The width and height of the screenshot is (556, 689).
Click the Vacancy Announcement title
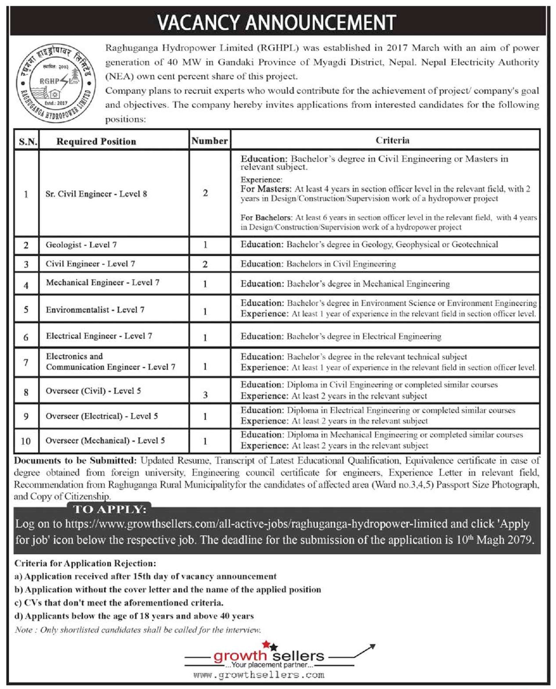276,22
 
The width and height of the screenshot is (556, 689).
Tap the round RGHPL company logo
56,83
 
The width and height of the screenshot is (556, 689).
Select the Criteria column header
392,140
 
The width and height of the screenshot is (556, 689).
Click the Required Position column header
96,141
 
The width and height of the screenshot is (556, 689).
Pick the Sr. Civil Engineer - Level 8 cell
96,194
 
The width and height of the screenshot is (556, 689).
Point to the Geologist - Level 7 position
81,245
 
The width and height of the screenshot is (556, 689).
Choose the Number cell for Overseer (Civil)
205,395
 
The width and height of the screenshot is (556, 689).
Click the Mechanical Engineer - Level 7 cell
102,283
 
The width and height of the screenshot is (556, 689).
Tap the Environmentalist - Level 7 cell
95,310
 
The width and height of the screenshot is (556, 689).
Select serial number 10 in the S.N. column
26,441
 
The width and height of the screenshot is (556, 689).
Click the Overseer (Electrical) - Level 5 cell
101,416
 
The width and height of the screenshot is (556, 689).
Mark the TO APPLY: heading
109,509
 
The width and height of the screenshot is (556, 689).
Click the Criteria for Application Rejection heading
85,564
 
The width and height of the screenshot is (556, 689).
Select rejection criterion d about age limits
134,616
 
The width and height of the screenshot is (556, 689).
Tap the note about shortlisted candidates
138,630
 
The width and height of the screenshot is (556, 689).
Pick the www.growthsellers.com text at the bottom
259,675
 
